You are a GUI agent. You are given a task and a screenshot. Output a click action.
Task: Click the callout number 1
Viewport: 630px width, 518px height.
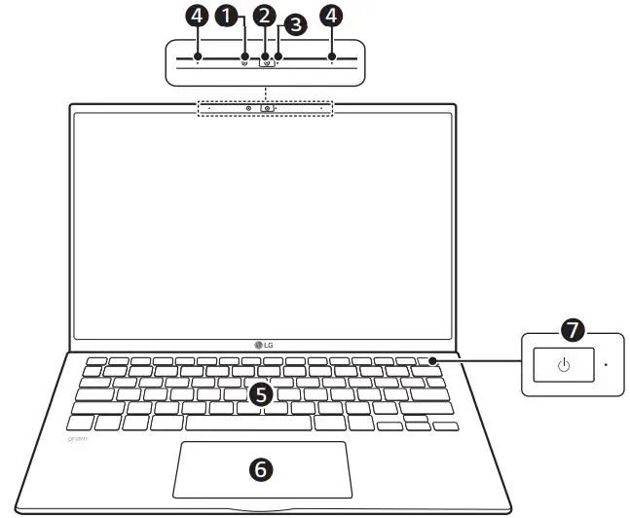230,16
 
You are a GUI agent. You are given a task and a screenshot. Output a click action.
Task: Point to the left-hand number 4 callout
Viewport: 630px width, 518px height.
198,16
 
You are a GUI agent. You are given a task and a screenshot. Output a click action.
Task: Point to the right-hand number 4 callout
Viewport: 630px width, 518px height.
331,16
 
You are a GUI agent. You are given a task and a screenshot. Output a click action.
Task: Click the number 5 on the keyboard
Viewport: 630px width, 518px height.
260,393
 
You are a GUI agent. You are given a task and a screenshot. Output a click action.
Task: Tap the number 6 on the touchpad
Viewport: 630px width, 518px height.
260,468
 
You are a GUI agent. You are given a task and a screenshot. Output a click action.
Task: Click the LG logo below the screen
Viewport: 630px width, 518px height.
264,343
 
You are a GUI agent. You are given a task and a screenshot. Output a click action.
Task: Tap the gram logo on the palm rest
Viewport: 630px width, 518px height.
80,439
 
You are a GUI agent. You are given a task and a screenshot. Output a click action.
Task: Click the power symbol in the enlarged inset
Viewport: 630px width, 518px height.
563,366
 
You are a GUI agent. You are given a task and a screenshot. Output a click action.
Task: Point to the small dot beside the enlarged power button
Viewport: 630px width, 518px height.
605,365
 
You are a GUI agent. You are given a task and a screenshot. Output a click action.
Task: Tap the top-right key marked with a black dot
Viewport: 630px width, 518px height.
429,361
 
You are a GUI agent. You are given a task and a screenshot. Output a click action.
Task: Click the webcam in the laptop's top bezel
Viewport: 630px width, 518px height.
264,107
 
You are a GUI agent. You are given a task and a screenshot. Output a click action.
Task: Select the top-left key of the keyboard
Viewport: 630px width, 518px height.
95,361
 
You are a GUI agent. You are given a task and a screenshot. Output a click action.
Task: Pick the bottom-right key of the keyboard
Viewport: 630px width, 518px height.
445,426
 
